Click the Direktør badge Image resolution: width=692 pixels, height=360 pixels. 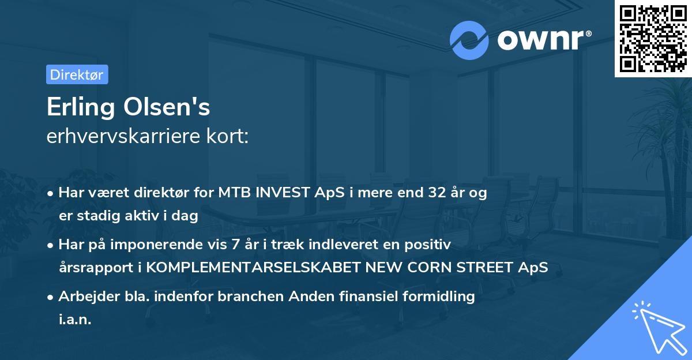click(x=77, y=74)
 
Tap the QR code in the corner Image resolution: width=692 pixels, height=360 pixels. click(x=653, y=38)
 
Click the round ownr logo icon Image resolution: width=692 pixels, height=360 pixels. click(x=469, y=40)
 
